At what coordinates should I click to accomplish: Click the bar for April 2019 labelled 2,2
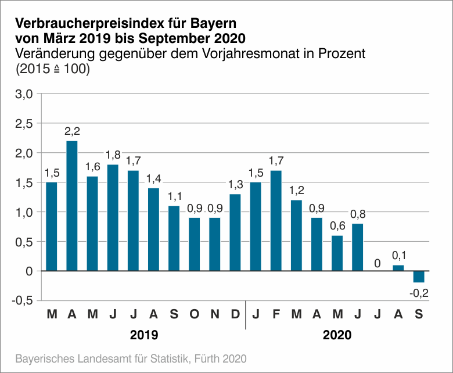pos(72,206)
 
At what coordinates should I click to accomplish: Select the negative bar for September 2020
pos(419,277)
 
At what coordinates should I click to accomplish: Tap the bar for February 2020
pos(276,221)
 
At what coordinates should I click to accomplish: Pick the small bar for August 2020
pos(398,268)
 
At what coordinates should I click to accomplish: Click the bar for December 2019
pos(235,232)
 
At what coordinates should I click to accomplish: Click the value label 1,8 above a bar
pos(113,155)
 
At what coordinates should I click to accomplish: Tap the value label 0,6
pos(337,226)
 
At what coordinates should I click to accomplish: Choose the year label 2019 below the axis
pos(143,335)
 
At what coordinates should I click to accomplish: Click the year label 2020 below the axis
pos(337,335)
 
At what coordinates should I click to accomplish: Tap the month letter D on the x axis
pos(235,315)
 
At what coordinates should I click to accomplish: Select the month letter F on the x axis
pos(276,315)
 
